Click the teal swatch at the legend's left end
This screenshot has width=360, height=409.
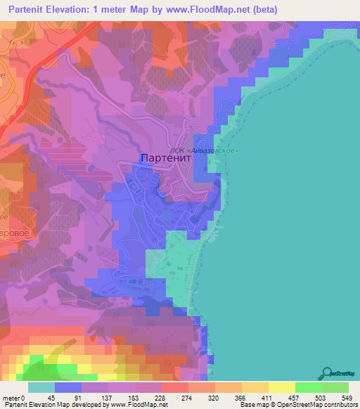[41, 387]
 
